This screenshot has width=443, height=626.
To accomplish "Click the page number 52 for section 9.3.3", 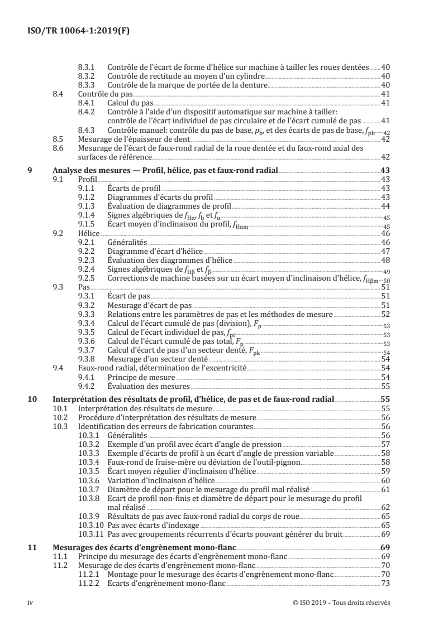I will (385, 314).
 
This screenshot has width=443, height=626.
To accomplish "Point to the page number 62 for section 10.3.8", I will (385, 507).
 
